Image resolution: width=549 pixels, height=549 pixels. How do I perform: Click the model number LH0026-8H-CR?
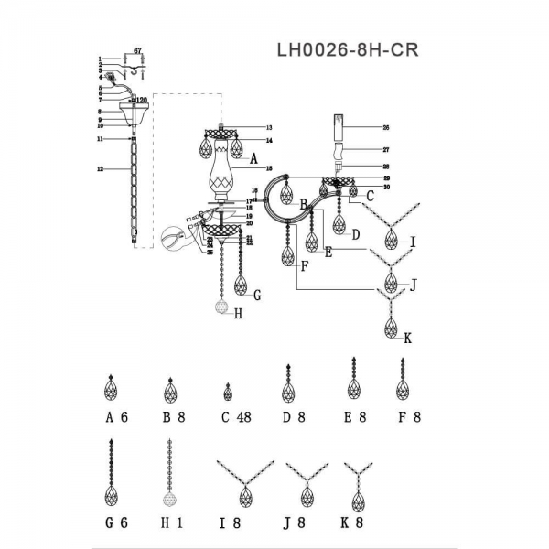coord(347,50)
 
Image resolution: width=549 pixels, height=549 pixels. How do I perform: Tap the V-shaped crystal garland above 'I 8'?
coord(244,485)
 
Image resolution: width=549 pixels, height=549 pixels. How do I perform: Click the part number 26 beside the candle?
coord(386,128)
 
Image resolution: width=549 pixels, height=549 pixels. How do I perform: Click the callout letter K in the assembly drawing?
coord(408,338)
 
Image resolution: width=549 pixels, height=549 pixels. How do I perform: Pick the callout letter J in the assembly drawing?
coord(413,285)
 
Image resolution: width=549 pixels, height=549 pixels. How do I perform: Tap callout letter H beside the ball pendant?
coord(238,313)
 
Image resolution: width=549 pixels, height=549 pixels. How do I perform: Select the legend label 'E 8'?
coord(354,416)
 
